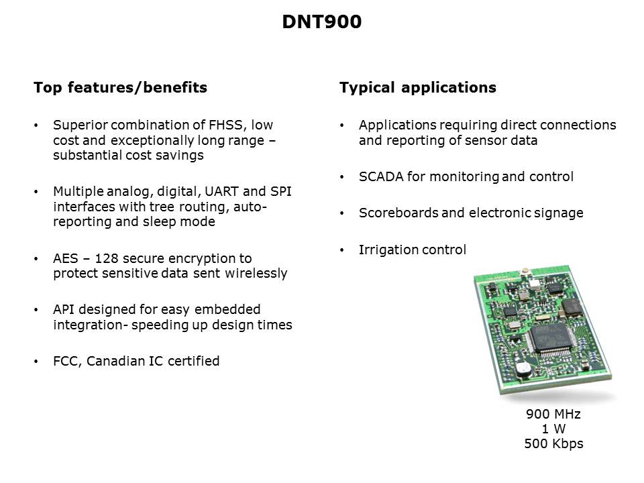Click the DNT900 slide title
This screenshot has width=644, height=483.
pos(321,21)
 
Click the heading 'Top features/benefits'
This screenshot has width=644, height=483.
pos(120,87)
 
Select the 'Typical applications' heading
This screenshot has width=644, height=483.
pos(418,87)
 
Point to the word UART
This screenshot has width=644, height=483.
pos(221,191)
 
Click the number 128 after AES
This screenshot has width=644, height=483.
pos(107,258)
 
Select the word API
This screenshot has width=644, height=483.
pos(64,309)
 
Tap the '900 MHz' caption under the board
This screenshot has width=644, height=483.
pos(553,414)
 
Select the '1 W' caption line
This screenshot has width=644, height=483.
pos(553,429)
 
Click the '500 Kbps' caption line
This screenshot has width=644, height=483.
pos(553,444)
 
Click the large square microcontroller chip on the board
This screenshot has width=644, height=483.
pos(551,338)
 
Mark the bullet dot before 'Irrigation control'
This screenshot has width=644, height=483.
pos(341,250)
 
